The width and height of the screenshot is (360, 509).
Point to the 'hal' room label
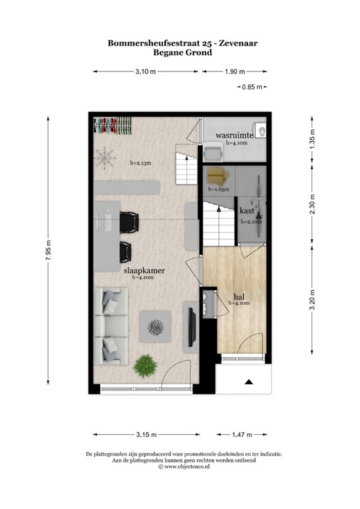coord(239,296)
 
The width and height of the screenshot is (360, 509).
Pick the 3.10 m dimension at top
coord(145,72)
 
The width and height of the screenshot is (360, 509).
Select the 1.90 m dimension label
coord(235,72)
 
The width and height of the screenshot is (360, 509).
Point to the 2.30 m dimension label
coord(312,203)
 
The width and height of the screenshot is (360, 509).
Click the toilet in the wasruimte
coord(261,131)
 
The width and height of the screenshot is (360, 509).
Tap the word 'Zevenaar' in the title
coord(230,42)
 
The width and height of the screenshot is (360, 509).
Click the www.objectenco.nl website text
coord(183,467)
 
